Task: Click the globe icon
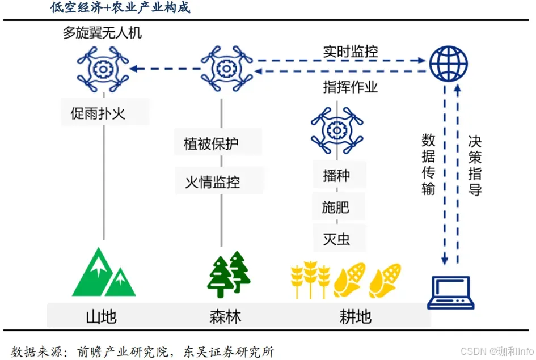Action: (448, 63)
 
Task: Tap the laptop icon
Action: (450, 292)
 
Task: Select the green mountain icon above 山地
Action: (104, 274)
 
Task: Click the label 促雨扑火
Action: (98, 113)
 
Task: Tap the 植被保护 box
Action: (211, 143)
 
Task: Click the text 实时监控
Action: (351, 52)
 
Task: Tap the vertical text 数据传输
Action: (428, 164)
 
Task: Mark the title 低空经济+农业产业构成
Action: (120, 8)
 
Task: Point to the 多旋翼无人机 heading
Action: (102, 33)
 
